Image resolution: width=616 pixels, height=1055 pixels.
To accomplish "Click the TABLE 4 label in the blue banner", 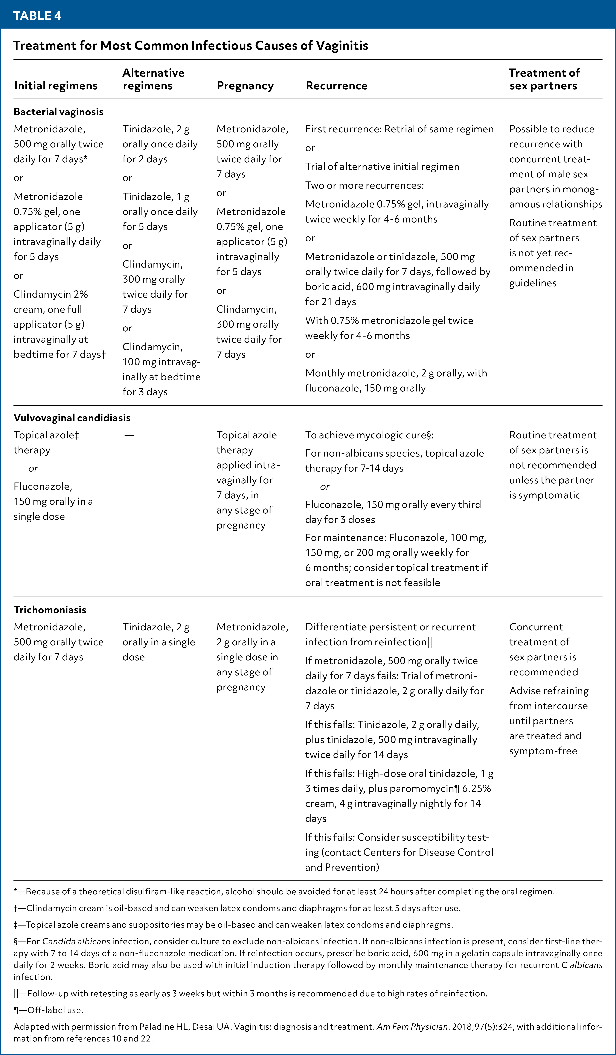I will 37,16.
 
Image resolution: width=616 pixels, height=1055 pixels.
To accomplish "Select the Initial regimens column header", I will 56,86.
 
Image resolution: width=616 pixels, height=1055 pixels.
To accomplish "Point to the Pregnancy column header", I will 245,86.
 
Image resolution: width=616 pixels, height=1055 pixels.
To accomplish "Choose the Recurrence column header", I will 336,86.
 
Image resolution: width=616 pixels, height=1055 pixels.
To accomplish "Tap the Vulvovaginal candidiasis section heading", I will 72,418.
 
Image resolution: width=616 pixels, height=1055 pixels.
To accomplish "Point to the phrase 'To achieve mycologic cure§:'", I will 369,435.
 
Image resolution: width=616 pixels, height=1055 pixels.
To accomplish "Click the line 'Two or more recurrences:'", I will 364,186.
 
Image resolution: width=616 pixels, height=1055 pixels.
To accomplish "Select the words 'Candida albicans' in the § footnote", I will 76,941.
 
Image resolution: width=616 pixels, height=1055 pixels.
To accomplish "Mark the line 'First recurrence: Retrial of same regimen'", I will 399,129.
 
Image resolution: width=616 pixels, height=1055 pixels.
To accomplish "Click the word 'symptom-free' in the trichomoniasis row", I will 543,751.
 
